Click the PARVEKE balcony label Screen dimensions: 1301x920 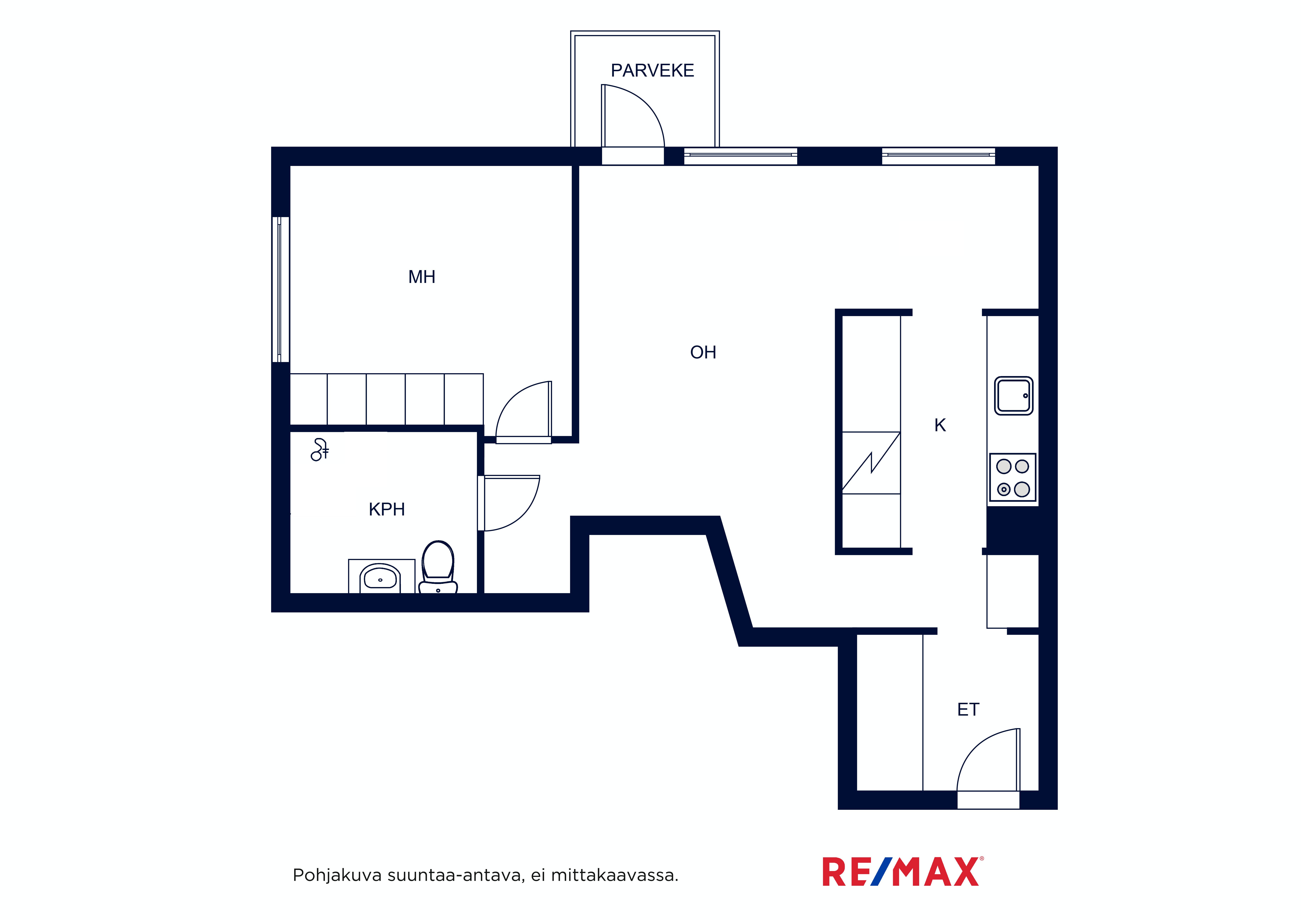click(x=652, y=70)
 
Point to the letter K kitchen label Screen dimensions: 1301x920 click(x=940, y=425)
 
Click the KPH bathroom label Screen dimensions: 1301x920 click(x=386, y=509)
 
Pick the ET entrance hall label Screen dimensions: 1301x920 click(x=968, y=709)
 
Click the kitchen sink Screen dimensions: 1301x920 click(x=1014, y=396)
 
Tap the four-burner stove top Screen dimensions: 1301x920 click(x=1013, y=477)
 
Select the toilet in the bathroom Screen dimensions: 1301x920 click(x=438, y=567)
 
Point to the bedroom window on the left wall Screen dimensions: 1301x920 click(x=281, y=289)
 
